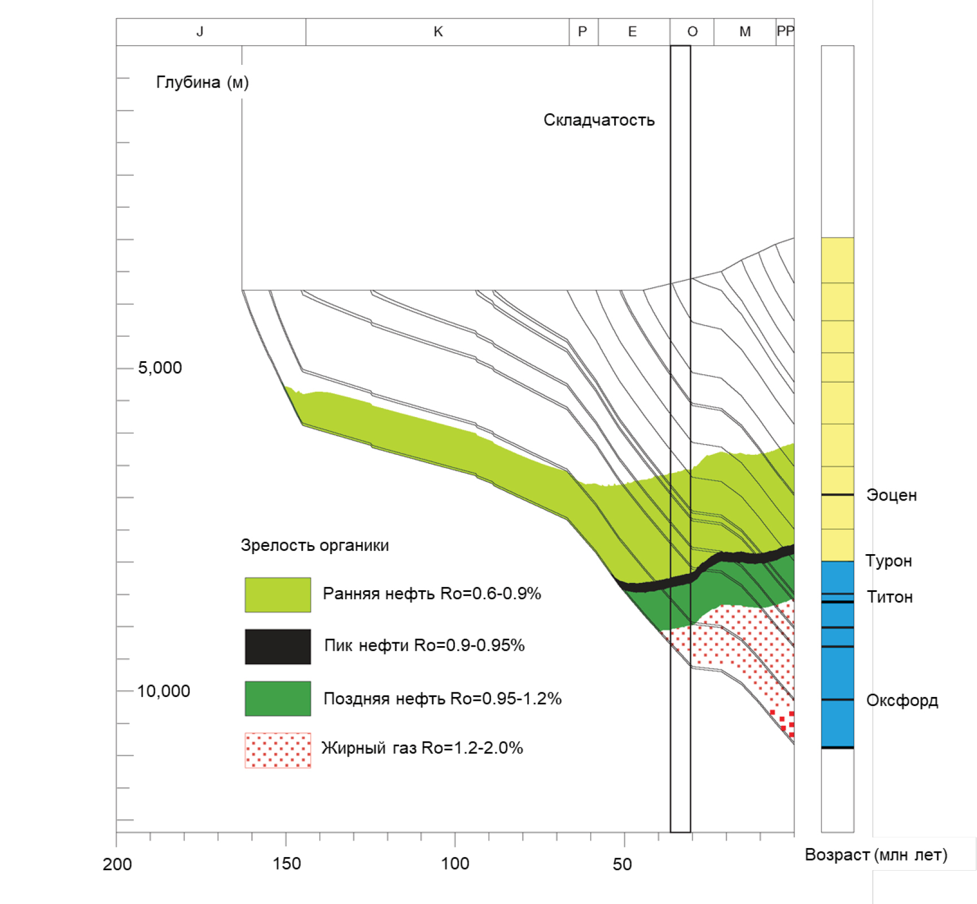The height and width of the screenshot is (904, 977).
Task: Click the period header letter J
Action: [200, 32]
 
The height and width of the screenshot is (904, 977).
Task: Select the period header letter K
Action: [438, 32]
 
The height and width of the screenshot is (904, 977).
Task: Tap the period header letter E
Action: [632, 32]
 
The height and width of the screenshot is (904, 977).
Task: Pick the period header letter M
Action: [745, 32]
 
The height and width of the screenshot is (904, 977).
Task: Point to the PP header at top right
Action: [785, 31]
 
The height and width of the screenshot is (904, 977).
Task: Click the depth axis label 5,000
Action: [160, 368]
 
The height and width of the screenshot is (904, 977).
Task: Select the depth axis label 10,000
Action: [163, 691]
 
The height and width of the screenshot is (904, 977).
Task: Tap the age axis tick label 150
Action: [286, 864]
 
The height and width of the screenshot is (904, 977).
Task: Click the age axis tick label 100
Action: [455, 864]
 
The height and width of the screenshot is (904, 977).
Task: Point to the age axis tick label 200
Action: [117, 864]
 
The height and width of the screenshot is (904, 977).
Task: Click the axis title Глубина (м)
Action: [202, 82]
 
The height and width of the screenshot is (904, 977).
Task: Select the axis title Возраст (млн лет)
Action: [876, 855]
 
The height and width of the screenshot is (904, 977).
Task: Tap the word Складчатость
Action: [599, 120]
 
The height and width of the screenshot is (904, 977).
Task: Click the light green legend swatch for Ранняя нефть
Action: [278, 595]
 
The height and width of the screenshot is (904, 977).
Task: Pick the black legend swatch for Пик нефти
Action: [278, 647]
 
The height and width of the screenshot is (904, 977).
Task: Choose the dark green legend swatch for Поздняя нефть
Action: [278, 699]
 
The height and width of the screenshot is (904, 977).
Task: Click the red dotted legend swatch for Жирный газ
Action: [278, 751]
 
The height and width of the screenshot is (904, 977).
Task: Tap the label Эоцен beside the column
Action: [892, 495]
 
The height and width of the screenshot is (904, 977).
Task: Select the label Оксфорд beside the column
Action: [902, 701]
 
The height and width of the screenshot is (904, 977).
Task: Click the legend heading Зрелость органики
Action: [315, 546]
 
